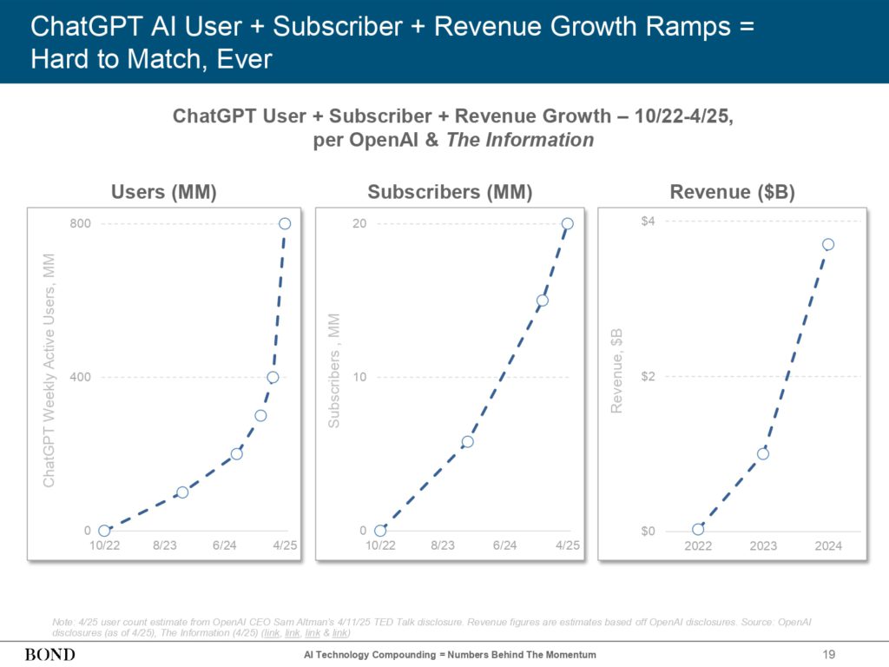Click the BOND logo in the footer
[x=49, y=654]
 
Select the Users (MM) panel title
[x=163, y=193]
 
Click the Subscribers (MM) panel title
[x=450, y=193]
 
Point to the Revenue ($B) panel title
[x=732, y=193]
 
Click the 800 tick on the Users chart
[x=80, y=224]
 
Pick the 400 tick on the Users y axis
[x=80, y=377]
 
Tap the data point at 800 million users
[x=285, y=224]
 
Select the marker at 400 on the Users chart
[x=273, y=377]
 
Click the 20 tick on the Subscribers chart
[x=359, y=224]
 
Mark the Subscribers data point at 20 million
[x=568, y=224]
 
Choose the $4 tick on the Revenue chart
[x=649, y=221]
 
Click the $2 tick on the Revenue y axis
[x=649, y=376]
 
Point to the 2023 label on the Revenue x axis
[x=763, y=546]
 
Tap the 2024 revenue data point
[x=828, y=244]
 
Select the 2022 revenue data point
[x=698, y=529]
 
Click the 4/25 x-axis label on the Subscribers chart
[x=568, y=545]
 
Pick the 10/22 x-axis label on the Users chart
[x=104, y=545]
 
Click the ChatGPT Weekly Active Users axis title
[x=49, y=370]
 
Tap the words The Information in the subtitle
[x=520, y=140]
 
